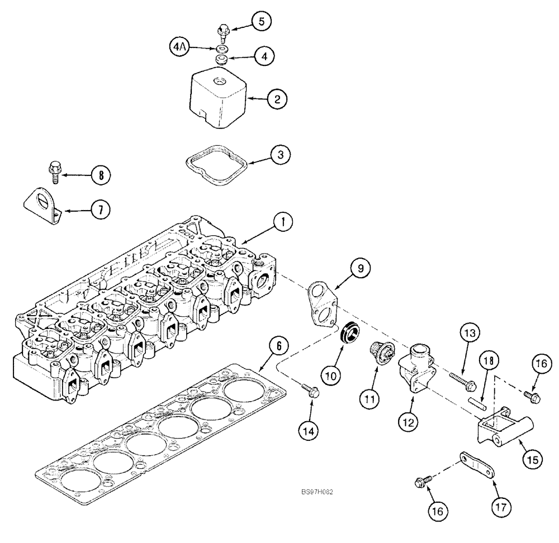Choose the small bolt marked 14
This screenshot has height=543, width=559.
(311, 392)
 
